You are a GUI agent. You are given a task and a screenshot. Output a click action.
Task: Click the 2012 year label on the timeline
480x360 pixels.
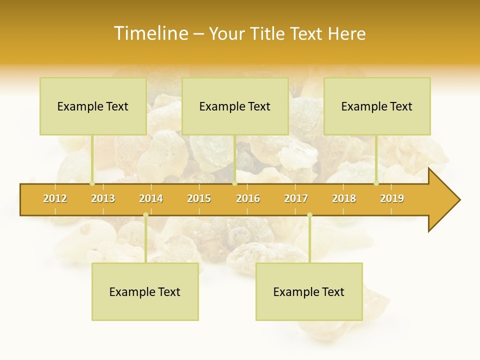[x=55, y=198]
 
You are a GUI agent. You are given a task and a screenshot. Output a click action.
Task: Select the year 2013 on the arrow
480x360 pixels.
[x=103, y=198]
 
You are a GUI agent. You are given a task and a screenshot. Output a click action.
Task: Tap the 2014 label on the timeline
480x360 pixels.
[x=151, y=198]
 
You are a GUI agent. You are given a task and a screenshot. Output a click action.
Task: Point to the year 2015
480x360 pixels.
[x=199, y=198]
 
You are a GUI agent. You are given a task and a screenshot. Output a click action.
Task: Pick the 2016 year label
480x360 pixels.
[x=248, y=198]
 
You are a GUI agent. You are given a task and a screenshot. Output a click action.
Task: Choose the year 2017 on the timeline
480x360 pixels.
[x=296, y=198]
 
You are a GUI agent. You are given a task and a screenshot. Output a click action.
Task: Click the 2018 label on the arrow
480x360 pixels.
[x=344, y=198]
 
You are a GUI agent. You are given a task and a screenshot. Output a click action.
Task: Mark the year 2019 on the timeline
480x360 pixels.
[x=392, y=198]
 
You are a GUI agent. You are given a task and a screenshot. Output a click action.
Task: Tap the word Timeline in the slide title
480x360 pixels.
[x=150, y=33]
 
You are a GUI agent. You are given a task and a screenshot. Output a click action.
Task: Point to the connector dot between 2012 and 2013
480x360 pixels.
[x=92, y=183]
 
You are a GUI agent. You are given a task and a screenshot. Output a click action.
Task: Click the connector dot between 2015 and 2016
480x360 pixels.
[x=234, y=183]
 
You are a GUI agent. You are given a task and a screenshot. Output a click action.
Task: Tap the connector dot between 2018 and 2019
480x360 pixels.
[x=376, y=183]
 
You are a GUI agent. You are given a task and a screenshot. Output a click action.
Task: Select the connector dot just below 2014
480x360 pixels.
[x=145, y=215]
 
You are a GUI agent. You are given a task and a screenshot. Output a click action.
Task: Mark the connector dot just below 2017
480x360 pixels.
[x=309, y=215]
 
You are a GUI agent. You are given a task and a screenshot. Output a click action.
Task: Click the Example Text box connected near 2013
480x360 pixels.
[x=93, y=106]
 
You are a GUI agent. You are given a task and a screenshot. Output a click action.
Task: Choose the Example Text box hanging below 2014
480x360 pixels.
[x=145, y=291]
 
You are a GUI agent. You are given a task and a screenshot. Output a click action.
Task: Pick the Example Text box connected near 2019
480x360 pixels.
[x=377, y=106]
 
